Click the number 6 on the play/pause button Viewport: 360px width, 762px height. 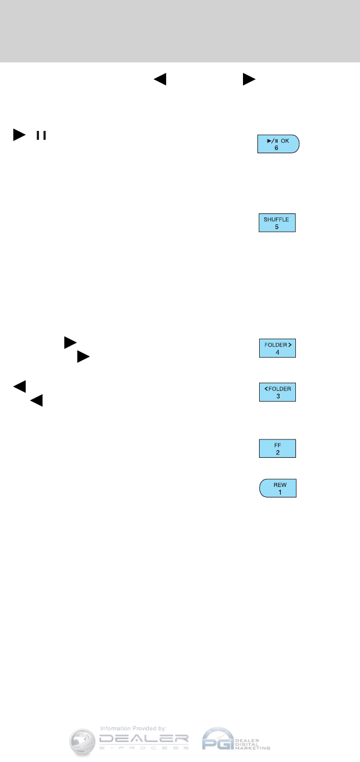click(276, 148)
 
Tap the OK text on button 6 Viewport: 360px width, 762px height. click(285, 140)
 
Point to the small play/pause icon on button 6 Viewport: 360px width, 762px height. click(272, 140)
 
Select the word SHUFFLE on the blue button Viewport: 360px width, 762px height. click(276, 220)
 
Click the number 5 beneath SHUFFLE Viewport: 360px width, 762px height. click(276, 228)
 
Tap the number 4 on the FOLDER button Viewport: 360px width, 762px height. click(276, 353)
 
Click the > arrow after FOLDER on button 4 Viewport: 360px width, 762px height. click(290, 345)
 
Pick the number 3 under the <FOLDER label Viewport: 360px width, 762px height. click(276, 397)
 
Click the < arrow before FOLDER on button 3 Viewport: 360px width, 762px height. click(266, 388)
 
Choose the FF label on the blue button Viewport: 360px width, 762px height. click(276, 445)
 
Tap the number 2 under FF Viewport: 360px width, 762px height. click(276, 453)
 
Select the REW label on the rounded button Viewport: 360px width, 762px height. click(277, 485)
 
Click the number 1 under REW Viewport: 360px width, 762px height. click(277, 493)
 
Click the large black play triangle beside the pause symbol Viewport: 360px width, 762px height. click(20, 135)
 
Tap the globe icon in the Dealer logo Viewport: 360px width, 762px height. click(82, 741)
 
